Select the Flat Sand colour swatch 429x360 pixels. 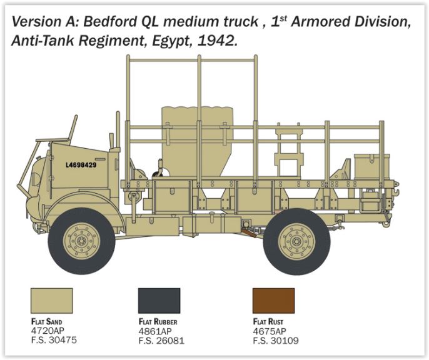(51, 301)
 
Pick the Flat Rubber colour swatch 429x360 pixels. (159, 301)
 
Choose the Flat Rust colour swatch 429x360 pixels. (273, 301)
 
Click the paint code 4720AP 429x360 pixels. (48, 331)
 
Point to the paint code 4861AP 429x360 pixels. (156, 331)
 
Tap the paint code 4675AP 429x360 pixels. (270, 331)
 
